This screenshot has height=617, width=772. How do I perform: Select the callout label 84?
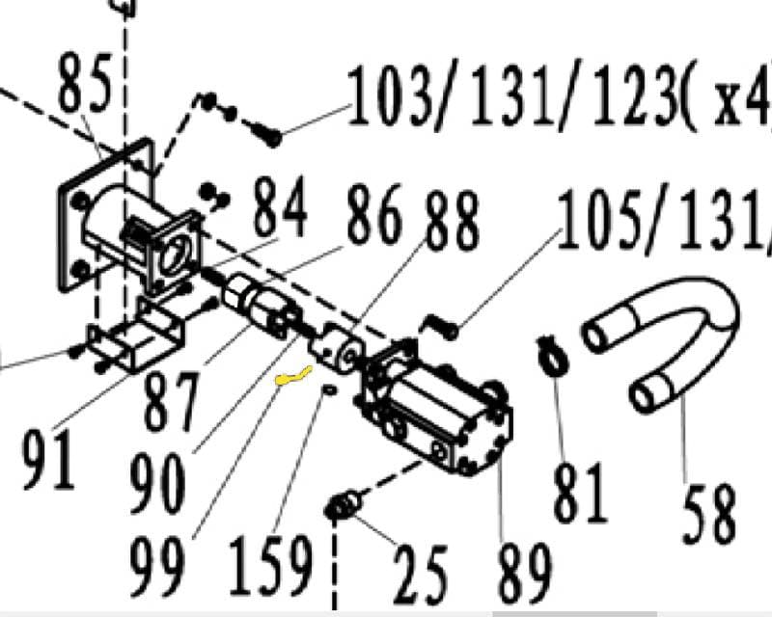(279, 207)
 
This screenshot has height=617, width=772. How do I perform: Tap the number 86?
(374, 218)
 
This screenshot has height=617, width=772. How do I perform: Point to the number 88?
(450, 224)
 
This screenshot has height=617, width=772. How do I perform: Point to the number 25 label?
(421, 574)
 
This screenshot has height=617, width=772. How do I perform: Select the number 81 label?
(580, 492)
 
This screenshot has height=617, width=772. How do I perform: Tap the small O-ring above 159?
(328, 389)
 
